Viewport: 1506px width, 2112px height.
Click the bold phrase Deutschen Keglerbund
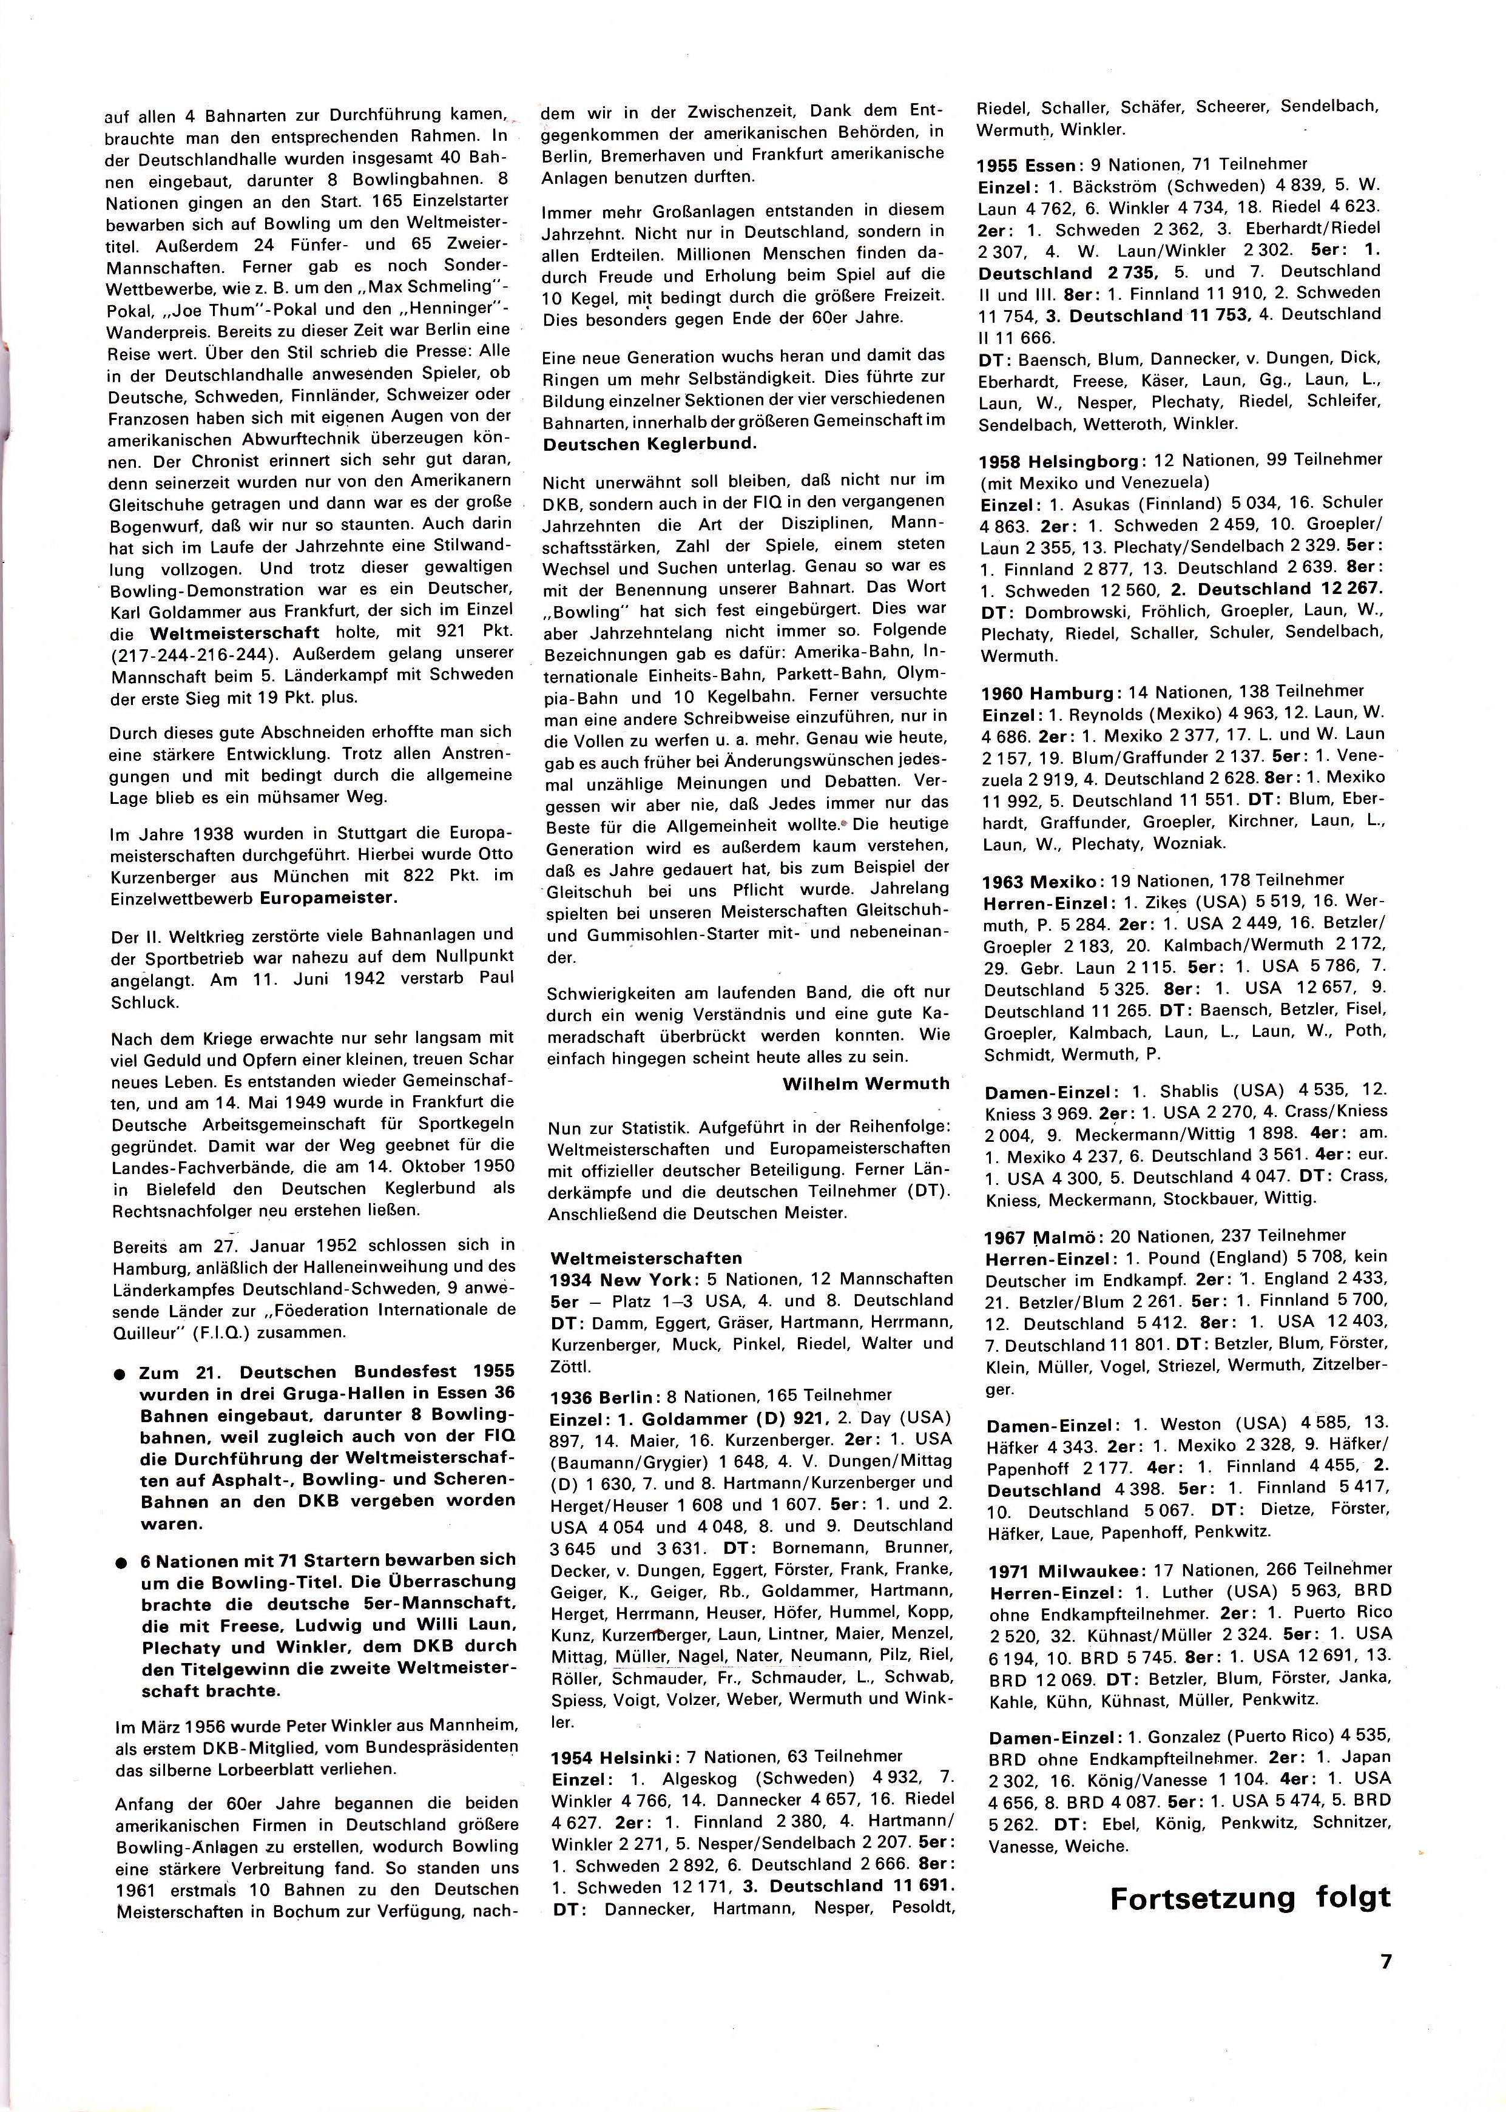649,443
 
